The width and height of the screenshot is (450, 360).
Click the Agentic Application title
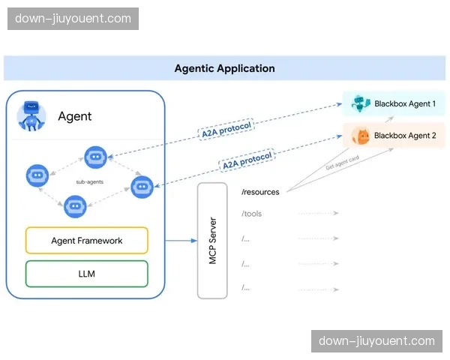pos(224,68)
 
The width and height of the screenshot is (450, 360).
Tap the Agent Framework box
pos(87,241)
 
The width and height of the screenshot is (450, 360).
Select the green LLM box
pos(87,274)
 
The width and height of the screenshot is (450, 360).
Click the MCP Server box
pos(212,240)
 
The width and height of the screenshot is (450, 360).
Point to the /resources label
pos(260,192)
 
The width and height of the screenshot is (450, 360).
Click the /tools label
pos(252,214)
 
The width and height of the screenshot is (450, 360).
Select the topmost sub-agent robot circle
pos(94,157)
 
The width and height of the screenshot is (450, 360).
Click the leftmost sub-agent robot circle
pos(37,175)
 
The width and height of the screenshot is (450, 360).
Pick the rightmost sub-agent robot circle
pos(142,186)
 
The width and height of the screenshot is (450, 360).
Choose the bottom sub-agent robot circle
pos(75,205)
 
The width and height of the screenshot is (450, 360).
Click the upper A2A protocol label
pos(226,128)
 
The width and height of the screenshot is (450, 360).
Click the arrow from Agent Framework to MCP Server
pos(179,241)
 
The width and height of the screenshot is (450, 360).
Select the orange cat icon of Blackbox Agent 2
pos(360,136)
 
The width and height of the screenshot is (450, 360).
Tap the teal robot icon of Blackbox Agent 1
pos(360,104)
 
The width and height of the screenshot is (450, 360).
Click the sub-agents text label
pos(88,181)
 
